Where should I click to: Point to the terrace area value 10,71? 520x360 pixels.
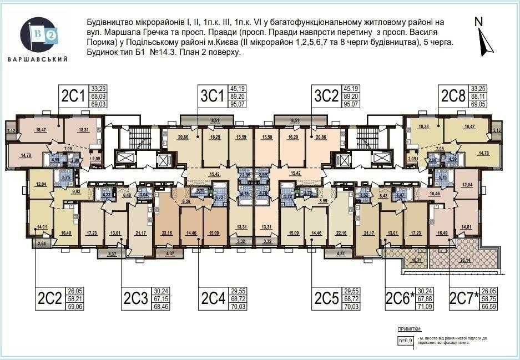[x=416, y=260]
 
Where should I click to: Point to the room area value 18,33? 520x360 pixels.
[x=423, y=127]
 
